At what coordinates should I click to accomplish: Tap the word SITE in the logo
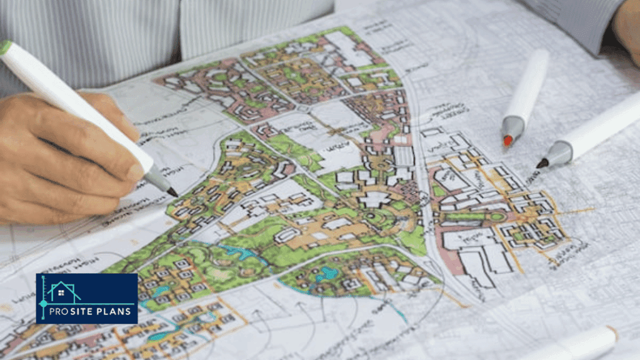point(87,311)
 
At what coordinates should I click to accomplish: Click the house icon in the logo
point(64,292)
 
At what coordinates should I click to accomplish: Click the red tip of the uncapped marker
point(508,141)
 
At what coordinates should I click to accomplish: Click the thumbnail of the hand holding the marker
point(133,171)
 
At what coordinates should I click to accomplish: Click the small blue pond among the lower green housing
point(326,273)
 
